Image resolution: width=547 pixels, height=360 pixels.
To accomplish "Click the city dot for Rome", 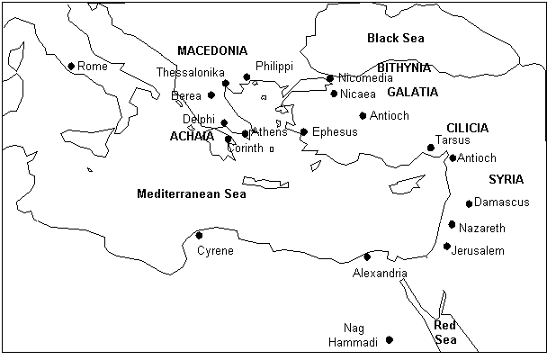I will (71, 66).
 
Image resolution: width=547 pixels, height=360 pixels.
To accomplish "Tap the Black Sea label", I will (395, 38).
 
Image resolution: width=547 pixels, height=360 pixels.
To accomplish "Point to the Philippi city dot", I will (247, 77).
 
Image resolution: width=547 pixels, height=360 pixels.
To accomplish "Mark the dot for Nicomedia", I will (330, 78).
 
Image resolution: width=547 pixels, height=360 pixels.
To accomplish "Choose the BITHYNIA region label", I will (404, 67).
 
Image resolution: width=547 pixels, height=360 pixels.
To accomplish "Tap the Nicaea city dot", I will (334, 94).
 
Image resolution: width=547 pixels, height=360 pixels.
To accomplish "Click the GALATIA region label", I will (412, 92).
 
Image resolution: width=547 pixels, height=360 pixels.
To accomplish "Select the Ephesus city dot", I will (304, 132).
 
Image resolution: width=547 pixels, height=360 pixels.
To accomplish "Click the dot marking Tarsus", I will (431, 148).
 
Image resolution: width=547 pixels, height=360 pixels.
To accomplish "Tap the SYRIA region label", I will (505, 180).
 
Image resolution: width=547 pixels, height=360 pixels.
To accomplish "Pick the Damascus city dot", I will (469, 203).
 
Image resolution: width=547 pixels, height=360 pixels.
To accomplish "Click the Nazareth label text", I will (482, 228).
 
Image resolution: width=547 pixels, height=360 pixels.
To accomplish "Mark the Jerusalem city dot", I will (447, 247).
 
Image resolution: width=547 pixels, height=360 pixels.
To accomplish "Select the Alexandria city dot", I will (366, 257).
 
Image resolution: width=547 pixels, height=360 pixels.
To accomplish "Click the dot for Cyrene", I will (199, 236).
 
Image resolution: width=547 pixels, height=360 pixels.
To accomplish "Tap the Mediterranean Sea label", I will (191, 193).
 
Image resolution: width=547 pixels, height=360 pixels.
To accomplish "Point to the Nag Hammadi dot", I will (390, 339).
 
